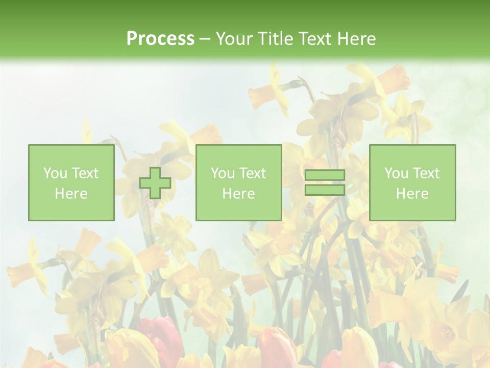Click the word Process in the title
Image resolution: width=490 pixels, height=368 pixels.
(x=160, y=39)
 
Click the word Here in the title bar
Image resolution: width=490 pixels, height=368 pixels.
(x=357, y=39)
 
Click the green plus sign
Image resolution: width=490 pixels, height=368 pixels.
(x=155, y=183)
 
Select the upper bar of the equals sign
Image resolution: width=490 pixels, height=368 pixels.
(x=325, y=175)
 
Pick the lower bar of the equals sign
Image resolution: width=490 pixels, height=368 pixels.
(x=325, y=190)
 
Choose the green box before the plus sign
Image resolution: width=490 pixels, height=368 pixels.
(x=71, y=183)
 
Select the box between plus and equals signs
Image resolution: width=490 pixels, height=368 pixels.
(x=239, y=183)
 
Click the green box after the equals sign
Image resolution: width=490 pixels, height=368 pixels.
(x=412, y=183)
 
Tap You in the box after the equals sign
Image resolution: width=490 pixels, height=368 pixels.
(x=396, y=173)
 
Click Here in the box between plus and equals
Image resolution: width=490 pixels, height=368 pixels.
(x=239, y=194)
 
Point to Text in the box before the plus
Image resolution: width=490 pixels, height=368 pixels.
(x=84, y=173)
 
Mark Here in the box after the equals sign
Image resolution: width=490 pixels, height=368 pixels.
(x=412, y=194)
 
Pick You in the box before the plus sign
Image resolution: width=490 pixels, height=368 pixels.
(x=55, y=173)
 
